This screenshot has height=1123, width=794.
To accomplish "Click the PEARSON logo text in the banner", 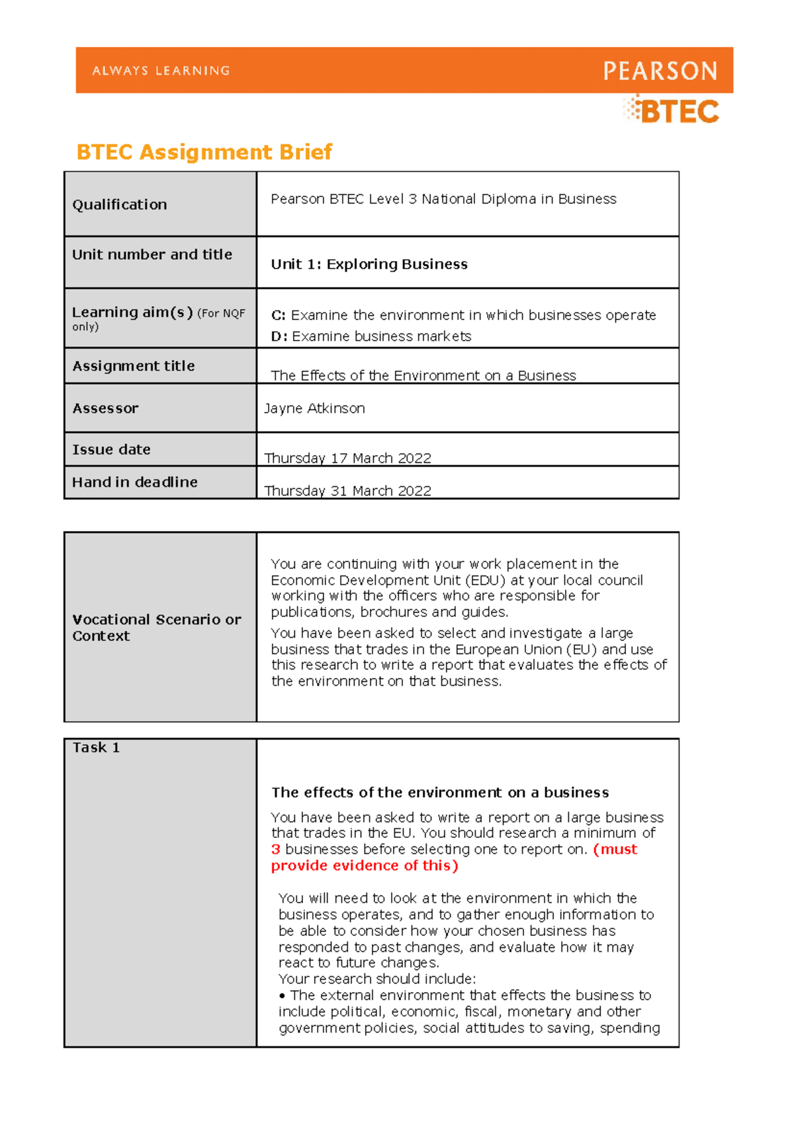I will [x=660, y=71].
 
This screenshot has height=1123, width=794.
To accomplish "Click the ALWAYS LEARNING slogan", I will [x=161, y=71].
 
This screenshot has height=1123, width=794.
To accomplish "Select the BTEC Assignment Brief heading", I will [x=204, y=152].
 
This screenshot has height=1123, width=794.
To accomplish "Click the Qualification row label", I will [x=120, y=204].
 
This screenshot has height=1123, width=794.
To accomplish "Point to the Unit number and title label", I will [x=152, y=255].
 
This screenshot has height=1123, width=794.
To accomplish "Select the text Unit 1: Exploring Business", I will [x=369, y=264].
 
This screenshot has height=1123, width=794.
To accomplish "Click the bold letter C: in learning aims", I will [x=278, y=315].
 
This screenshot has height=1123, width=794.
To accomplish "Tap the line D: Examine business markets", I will [x=371, y=337].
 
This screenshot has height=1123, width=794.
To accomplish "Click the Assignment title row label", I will [x=134, y=366].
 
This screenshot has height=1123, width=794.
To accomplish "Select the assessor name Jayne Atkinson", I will [x=314, y=409].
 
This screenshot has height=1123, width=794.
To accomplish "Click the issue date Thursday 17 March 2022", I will [x=347, y=458].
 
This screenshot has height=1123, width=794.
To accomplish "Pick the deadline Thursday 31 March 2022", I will [x=347, y=490].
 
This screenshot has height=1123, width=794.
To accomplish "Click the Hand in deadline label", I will [x=135, y=482].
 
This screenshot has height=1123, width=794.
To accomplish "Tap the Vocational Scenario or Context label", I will [x=156, y=627].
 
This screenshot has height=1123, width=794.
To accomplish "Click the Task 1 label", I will [x=96, y=747].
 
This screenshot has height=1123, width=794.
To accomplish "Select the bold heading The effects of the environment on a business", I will [x=440, y=792].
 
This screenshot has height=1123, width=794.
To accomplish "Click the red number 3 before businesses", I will [x=276, y=849].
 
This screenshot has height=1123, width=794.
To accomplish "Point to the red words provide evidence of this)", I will [x=365, y=866].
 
